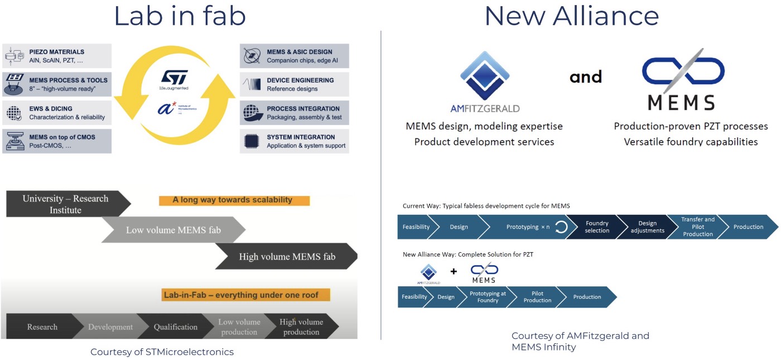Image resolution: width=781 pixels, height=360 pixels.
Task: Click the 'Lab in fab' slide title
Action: pyautogui.click(x=180, y=16)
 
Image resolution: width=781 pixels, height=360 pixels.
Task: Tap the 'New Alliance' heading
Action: pyautogui.click(x=571, y=16)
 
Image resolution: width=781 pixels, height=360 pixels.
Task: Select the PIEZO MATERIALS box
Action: pyautogui.click(x=57, y=56)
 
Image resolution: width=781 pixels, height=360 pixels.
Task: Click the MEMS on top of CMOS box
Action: pyautogui.click(x=57, y=141)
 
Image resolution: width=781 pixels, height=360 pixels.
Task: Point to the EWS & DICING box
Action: pyautogui.click(x=57, y=113)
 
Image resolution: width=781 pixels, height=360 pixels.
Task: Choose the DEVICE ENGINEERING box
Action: pyautogui.click(x=295, y=84)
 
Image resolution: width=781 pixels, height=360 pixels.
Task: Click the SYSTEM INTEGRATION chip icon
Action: pyautogui.click(x=252, y=141)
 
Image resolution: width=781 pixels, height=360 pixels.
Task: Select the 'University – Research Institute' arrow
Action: pyautogui.click(x=66, y=204)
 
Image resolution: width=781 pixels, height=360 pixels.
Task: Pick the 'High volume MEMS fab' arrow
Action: pyautogui.click(x=286, y=257)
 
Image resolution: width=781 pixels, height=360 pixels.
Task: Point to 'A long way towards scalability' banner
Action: pyautogui.click(x=234, y=200)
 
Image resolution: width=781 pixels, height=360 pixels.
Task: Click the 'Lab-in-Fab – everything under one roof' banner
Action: pyautogui.click(x=244, y=295)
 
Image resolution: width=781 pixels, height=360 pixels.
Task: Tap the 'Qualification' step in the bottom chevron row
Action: pyautogui.click(x=175, y=327)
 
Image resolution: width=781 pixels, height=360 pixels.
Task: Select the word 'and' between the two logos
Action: pyautogui.click(x=586, y=76)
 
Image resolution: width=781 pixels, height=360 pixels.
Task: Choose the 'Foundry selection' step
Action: pyautogui.click(x=597, y=227)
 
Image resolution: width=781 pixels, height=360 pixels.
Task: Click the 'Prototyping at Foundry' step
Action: pyautogui.click(x=488, y=297)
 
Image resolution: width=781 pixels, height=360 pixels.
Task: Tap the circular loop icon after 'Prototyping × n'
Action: pyautogui.click(x=561, y=227)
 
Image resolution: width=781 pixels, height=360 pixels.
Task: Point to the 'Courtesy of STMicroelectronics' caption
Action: pyautogui.click(x=162, y=352)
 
